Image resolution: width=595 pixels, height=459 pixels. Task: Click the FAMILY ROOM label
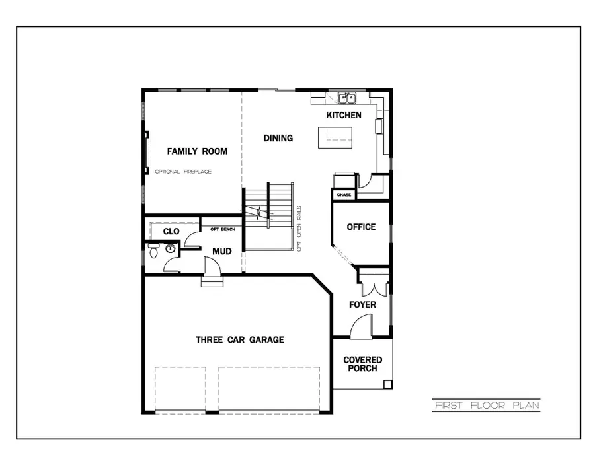(x=197, y=151)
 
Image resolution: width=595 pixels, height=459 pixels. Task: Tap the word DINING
(x=278, y=138)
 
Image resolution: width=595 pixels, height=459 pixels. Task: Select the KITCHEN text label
(x=344, y=116)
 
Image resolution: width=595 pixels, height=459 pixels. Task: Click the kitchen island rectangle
(x=335, y=137)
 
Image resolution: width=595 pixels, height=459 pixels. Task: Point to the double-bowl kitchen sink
(x=347, y=98)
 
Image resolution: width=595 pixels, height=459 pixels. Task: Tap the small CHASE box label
(x=344, y=195)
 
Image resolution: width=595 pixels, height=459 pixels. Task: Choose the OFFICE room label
(x=361, y=227)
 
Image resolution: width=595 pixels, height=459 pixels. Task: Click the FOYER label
(x=363, y=304)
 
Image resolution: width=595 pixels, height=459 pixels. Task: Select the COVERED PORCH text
(x=362, y=364)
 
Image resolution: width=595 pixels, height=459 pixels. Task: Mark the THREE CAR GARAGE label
(x=239, y=340)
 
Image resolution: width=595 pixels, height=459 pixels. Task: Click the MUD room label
(x=221, y=252)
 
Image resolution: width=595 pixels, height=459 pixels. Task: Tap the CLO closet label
(x=171, y=232)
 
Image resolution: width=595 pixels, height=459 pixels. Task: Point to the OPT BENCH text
(x=222, y=229)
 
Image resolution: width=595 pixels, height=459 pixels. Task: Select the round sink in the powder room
(x=171, y=249)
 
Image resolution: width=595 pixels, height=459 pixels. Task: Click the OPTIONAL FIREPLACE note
(x=183, y=172)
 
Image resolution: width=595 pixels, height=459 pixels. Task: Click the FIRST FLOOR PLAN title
(x=487, y=405)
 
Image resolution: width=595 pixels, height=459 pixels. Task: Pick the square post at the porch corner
(x=388, y=384)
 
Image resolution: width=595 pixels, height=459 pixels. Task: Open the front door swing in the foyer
(x=362, y=326)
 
